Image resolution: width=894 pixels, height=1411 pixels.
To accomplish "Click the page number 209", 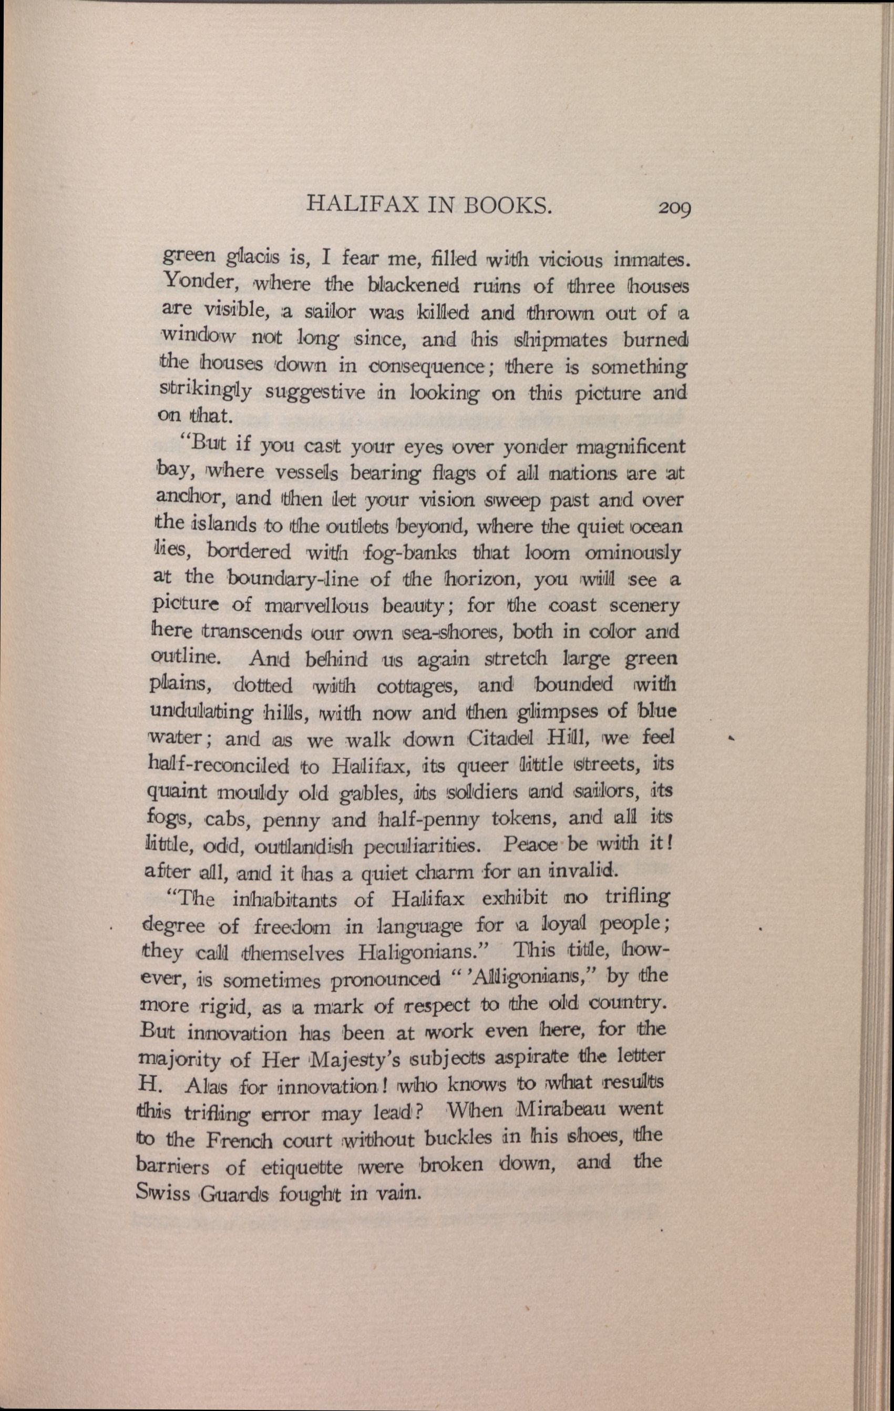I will (674, 207).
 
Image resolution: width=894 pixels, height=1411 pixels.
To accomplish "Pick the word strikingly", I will (199, 391).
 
